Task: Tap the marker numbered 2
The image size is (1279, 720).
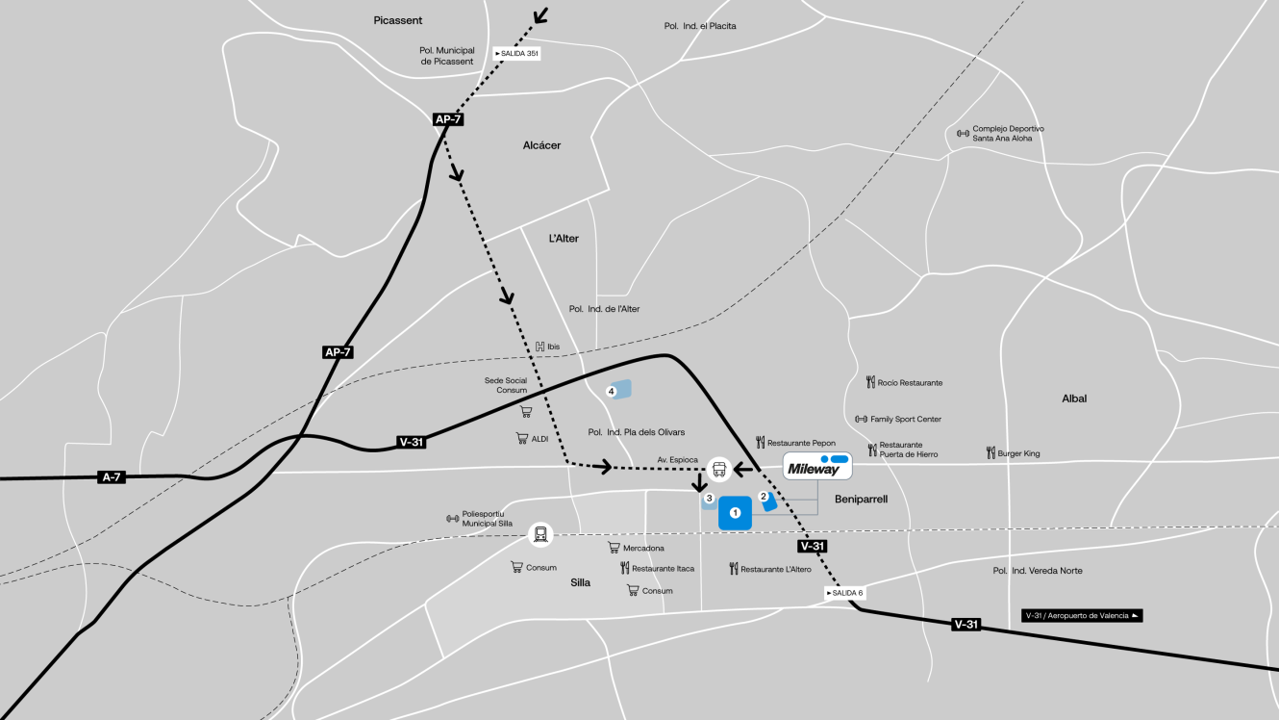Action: pyautogui.click(x=765, y=499)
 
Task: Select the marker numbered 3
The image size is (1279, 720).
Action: pyautogui.click(x=709, y=499)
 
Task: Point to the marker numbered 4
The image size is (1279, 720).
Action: pyautogui.click(x=612, y=391)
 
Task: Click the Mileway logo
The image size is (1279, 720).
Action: pyautogui.click(x=817, y=467)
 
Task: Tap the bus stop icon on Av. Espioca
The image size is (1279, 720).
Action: pyautogui.click(x=718, y=470)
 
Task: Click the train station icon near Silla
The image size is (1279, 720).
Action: pyautogui.click(x=541, y=533)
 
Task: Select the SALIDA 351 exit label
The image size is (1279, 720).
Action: pyautogui.click(x=516, y=54)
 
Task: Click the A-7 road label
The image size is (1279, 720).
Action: pyautogui.click(x=112, y=477)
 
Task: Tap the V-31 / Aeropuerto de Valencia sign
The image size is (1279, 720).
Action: pyautogui.click(x=1082, y=615)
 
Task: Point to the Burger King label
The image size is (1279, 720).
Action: pyautogui.click(x=1013, y=453)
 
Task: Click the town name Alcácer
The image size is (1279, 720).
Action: pyautogui.click(x=541, y=145)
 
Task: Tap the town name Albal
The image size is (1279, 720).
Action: pyautogui.click(x=1074, y=398)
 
